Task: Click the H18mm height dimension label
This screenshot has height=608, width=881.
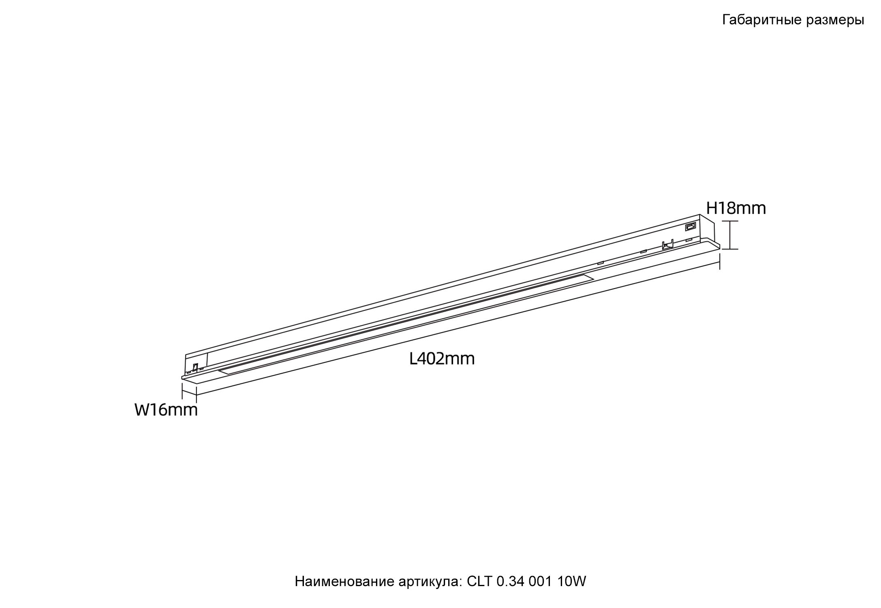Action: (x=736, y=208)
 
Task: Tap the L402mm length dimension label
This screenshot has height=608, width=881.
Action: (x=442, y=359)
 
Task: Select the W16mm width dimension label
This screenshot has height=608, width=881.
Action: (x=166, y=410)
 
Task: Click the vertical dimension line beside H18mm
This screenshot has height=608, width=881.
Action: (x=730, y=235)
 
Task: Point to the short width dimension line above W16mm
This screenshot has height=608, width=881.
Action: (x=189, y=392)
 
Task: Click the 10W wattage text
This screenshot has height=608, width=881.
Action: (x=571, y=581)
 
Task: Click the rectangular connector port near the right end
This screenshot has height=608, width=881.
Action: (x=690, y=227)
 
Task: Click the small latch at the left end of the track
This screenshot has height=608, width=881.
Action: (x=195, y=367)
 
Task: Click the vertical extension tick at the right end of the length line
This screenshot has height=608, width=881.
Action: (x=720, y=261)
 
